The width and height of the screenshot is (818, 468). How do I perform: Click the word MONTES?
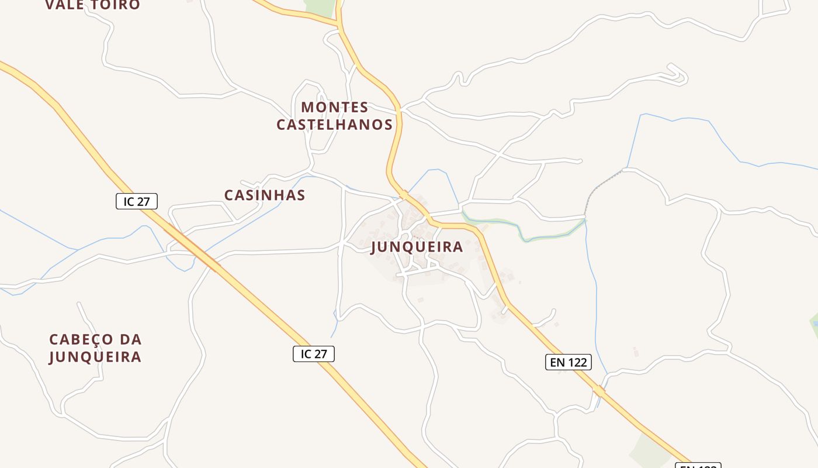click(x=335, y=108)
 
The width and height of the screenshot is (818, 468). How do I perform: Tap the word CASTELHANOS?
click(x=335, y=125)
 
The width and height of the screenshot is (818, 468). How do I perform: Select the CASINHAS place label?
click(x=265, y=195)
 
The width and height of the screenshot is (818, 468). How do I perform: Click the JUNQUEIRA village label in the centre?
click(x=417, y=247)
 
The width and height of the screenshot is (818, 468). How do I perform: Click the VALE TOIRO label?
click(x=93, y=5)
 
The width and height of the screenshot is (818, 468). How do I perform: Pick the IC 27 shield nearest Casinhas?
click(x=137, y=201)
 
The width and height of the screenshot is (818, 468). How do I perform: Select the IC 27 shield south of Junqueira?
click(x=314, y=353)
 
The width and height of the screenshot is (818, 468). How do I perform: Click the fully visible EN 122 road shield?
click(x=569, y=362)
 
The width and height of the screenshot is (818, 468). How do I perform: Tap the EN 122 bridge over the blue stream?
click(x=598, y=391)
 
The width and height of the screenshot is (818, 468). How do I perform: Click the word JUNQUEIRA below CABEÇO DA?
click(x=95, y=357)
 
